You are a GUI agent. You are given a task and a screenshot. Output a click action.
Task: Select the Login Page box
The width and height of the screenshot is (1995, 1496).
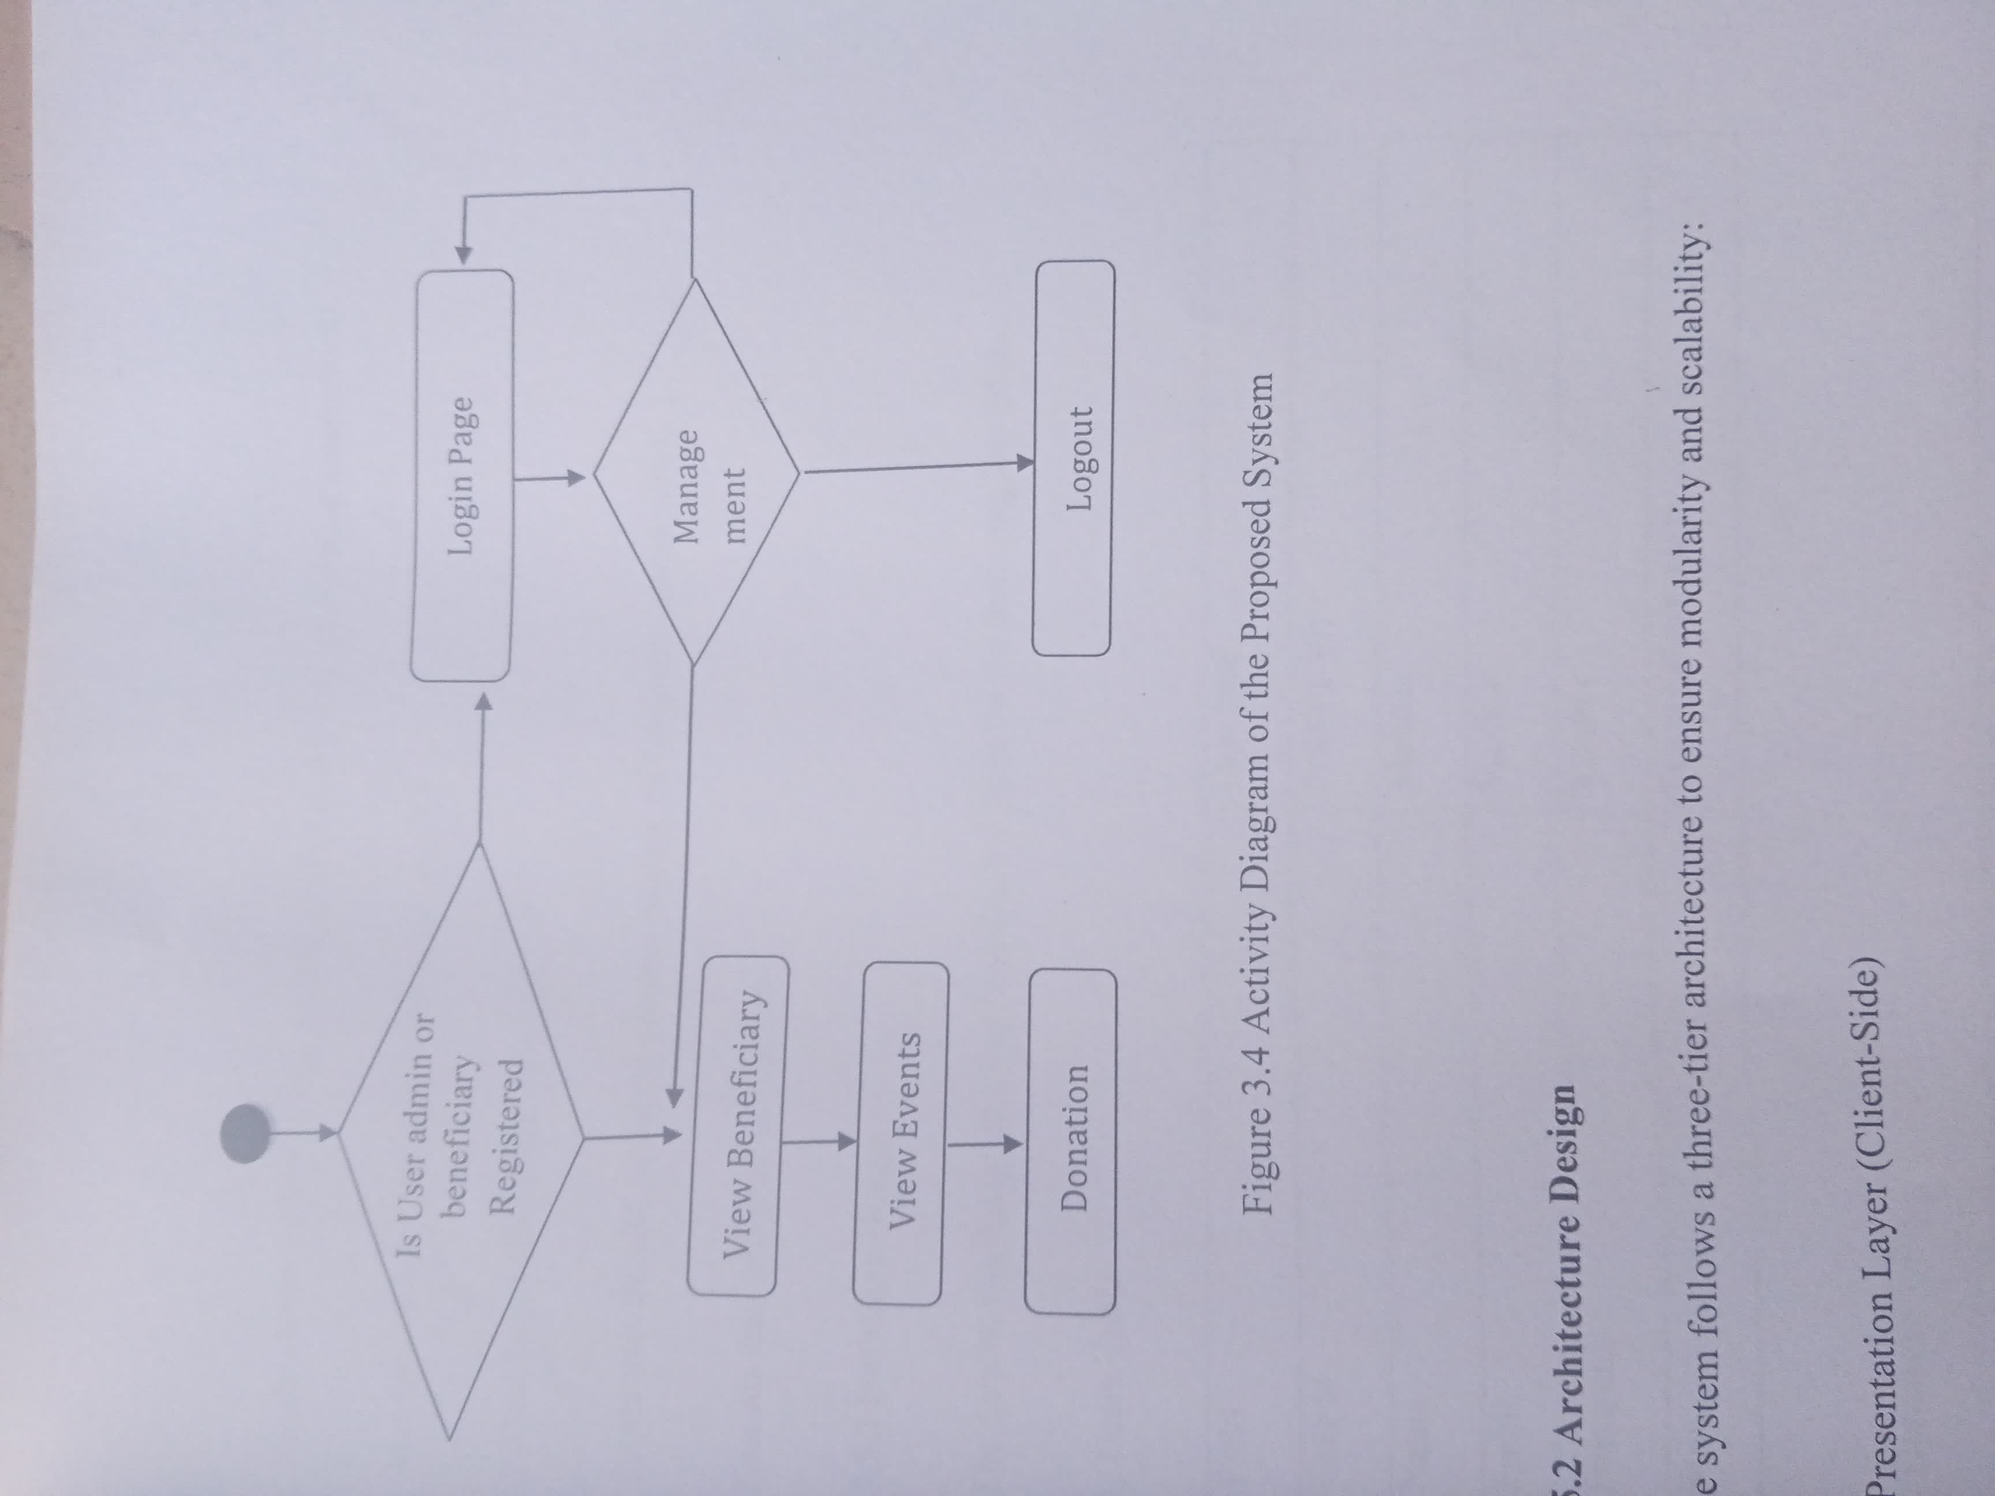coord(462,474)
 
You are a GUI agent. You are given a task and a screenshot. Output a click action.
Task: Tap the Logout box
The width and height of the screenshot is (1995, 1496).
coord(1073,458)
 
